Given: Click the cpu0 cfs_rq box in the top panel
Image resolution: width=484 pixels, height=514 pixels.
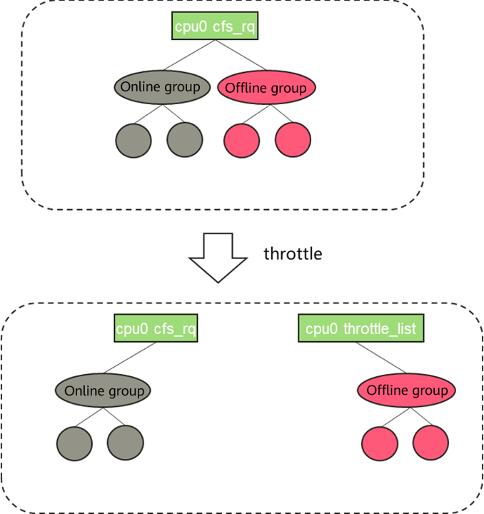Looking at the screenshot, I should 214,28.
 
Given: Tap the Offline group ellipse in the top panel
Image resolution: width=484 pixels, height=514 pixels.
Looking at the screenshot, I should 266,88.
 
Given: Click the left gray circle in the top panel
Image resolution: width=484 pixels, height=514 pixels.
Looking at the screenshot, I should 133,139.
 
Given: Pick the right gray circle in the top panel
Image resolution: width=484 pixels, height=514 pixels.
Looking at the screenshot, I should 185,139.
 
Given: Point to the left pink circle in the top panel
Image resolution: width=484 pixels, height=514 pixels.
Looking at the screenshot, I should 242,139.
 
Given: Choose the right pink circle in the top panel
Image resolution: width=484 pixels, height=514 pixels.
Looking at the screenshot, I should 293,139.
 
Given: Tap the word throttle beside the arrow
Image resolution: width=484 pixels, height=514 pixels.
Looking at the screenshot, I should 293,253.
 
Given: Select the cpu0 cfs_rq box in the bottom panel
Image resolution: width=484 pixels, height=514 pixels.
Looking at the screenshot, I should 156,329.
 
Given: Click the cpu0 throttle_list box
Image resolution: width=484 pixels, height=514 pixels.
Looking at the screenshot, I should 361,329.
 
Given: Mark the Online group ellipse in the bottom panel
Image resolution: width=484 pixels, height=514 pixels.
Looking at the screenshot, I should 104,390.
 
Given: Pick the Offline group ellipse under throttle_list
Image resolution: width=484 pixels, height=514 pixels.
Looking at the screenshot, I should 406,390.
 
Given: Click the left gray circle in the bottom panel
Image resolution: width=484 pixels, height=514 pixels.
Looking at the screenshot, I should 75,443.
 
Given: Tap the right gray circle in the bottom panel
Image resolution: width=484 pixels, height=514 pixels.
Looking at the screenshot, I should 126,443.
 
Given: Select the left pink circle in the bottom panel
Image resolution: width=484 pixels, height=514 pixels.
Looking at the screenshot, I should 380,443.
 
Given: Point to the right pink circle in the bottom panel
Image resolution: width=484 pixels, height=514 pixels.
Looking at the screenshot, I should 431,443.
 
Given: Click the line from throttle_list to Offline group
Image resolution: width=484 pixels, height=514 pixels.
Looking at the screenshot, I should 382,358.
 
